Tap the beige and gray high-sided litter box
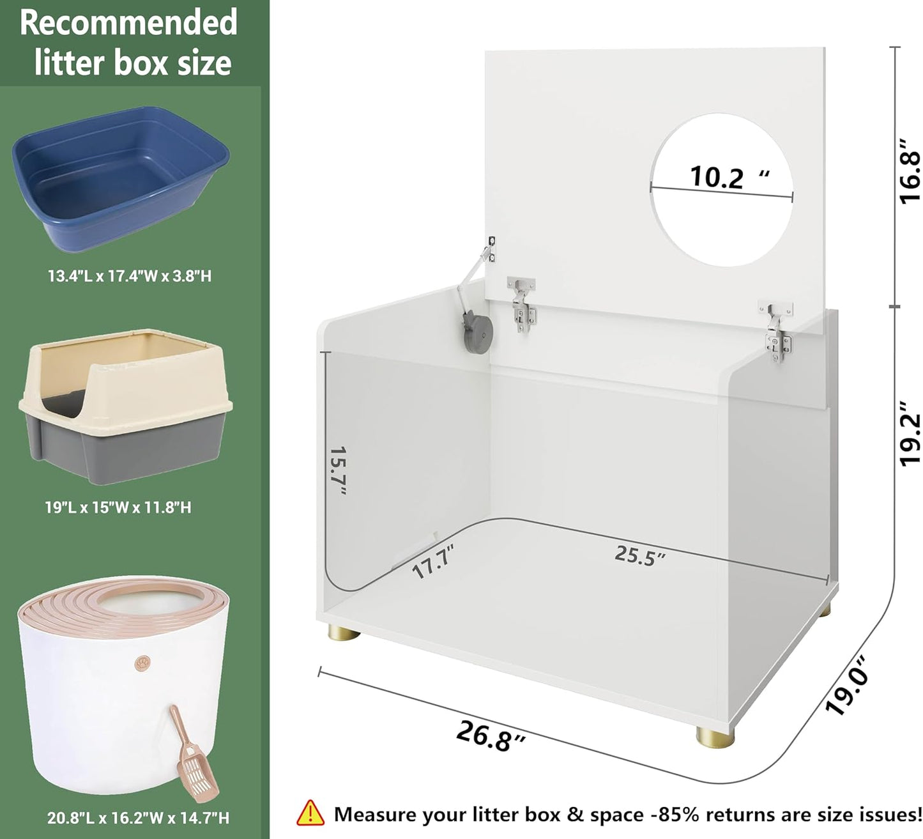pos(125,406)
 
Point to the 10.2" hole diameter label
pos(729,177)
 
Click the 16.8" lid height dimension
pos(909,171)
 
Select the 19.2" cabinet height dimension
pos(909,433)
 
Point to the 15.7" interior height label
pos(339,470)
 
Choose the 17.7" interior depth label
pos(433,561)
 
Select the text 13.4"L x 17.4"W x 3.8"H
pos(130,276)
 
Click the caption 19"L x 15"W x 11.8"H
pos(118,507)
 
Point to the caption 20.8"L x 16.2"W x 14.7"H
pos(138,819)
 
